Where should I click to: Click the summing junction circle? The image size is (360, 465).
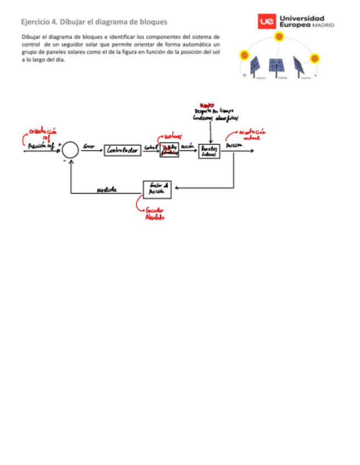[x=71, y=149]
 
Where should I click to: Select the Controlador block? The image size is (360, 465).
[x=122, y=150]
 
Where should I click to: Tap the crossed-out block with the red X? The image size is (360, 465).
[x=170, y=150]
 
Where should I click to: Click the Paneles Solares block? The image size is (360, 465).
[x=209, y=150]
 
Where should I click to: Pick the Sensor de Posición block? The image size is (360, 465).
[x=157, y=189]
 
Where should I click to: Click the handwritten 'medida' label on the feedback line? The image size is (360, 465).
[x=106, y=190]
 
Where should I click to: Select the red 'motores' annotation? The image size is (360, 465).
[x=174, y=136]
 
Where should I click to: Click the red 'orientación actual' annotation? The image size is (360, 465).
[x=252, y=135]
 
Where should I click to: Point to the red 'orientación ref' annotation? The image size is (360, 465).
[x=43, y=134]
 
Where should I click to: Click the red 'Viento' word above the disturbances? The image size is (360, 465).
[x=207, y=105]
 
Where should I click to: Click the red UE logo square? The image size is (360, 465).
[x=267, y=22]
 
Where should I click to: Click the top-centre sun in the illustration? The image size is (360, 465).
[x=279, y=37]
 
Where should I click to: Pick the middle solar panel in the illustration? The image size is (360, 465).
[x=276, y=66]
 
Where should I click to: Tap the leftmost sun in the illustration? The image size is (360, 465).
[x=245, y=55]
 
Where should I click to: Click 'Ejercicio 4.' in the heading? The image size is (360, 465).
[x=38, y=22]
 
